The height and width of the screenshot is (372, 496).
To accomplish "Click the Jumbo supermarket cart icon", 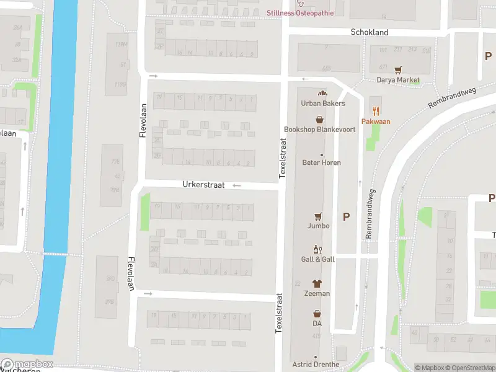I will click(319, 216).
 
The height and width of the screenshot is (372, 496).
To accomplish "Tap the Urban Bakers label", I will click(322, 104).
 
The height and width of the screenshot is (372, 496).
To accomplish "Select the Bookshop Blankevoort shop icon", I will click(320, 119).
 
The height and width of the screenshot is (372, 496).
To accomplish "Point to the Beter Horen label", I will click(321, 163).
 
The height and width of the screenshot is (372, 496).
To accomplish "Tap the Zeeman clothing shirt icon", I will click(317, 283).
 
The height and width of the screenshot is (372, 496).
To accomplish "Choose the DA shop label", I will click(317, 323).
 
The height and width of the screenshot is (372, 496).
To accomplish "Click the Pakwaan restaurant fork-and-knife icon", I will click(376, 112).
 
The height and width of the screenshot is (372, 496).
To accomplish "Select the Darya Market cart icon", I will click(398, 70).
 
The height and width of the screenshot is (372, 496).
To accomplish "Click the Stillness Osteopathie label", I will click(300, 13).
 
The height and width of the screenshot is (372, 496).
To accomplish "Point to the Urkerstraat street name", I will click(202, 185).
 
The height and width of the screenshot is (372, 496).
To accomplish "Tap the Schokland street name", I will click(369, 32).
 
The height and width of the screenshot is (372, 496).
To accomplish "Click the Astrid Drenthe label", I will click(316, 365).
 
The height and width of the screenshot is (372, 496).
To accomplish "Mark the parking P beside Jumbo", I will click(346, 216).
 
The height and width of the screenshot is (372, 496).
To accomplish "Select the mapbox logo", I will click(27, 364).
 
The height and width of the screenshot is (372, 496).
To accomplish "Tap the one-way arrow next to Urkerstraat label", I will click(236, 185).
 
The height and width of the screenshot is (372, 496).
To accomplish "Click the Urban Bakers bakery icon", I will click(322, 94).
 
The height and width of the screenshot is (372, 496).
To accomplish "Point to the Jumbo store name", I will click(319, 226).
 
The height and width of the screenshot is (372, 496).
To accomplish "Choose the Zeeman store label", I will click(317, 293).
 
